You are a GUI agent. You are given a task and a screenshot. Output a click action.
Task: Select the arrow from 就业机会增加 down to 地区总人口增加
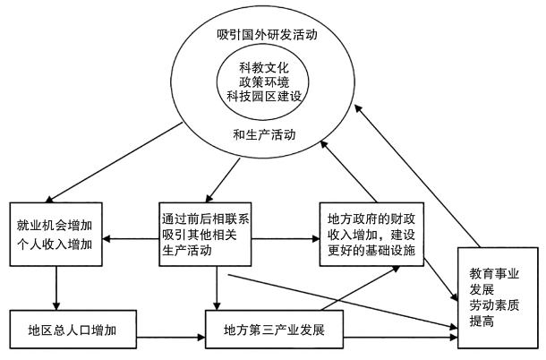(55, 287)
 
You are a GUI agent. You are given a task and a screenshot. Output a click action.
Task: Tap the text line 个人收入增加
(55, 240)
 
